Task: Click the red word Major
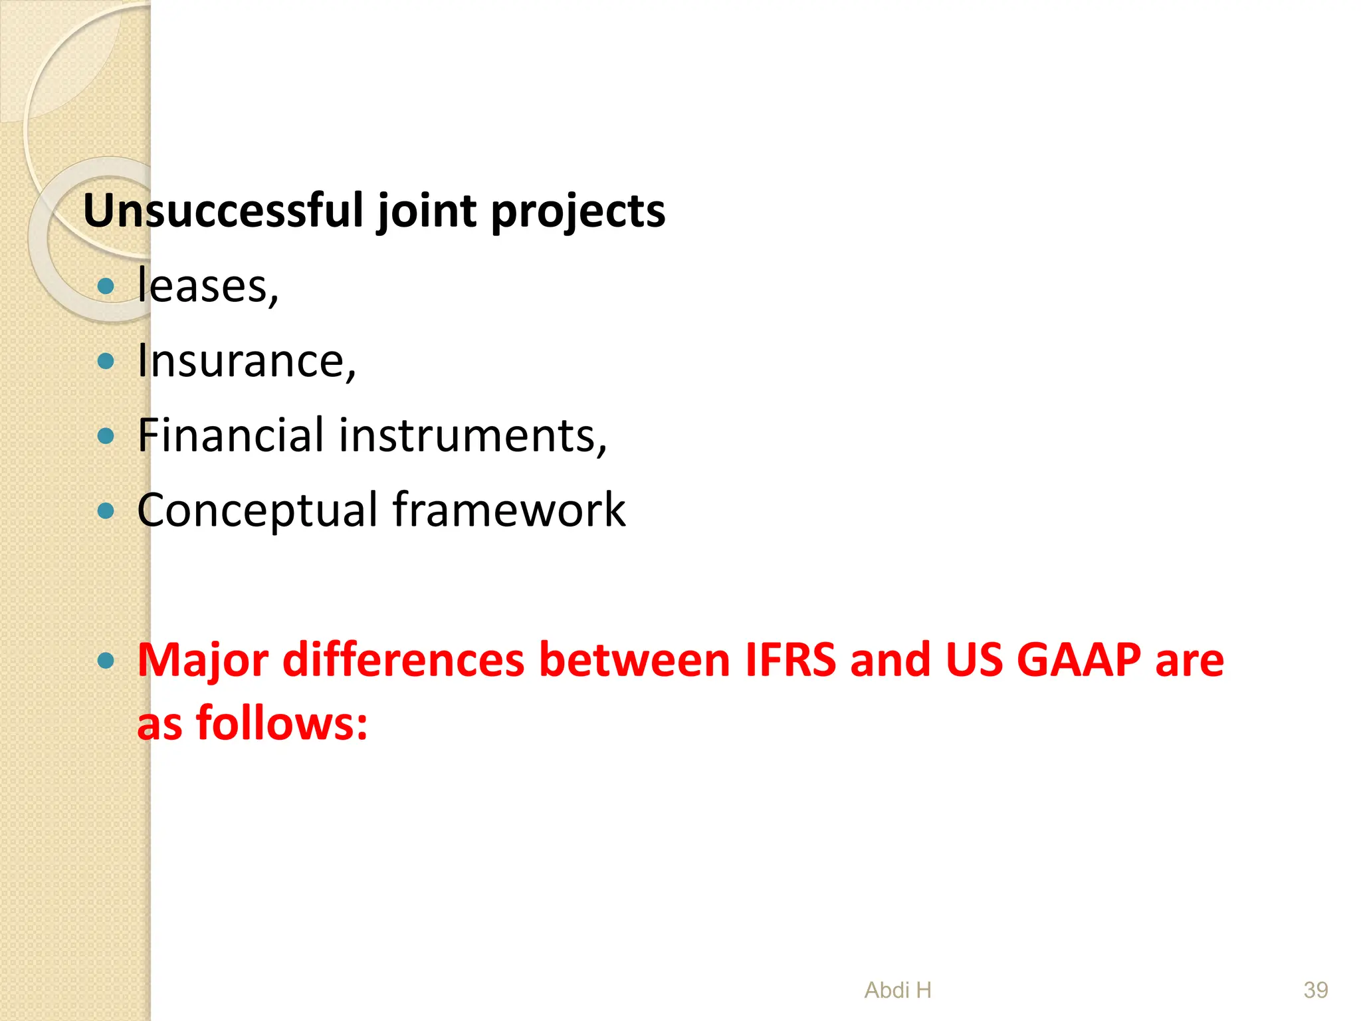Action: pyautogui.click(x=203, y=661)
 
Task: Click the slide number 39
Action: pyautogui.click(x=1315, y=990)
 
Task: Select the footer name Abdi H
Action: pyautogui.click(x=898, y=990)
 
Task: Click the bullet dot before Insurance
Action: pyautogui.click(x=106, y=362)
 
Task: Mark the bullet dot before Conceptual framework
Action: pyautogui.click(x=106, y=511)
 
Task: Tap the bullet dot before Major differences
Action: pyautogui.click(x=106, y=661)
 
